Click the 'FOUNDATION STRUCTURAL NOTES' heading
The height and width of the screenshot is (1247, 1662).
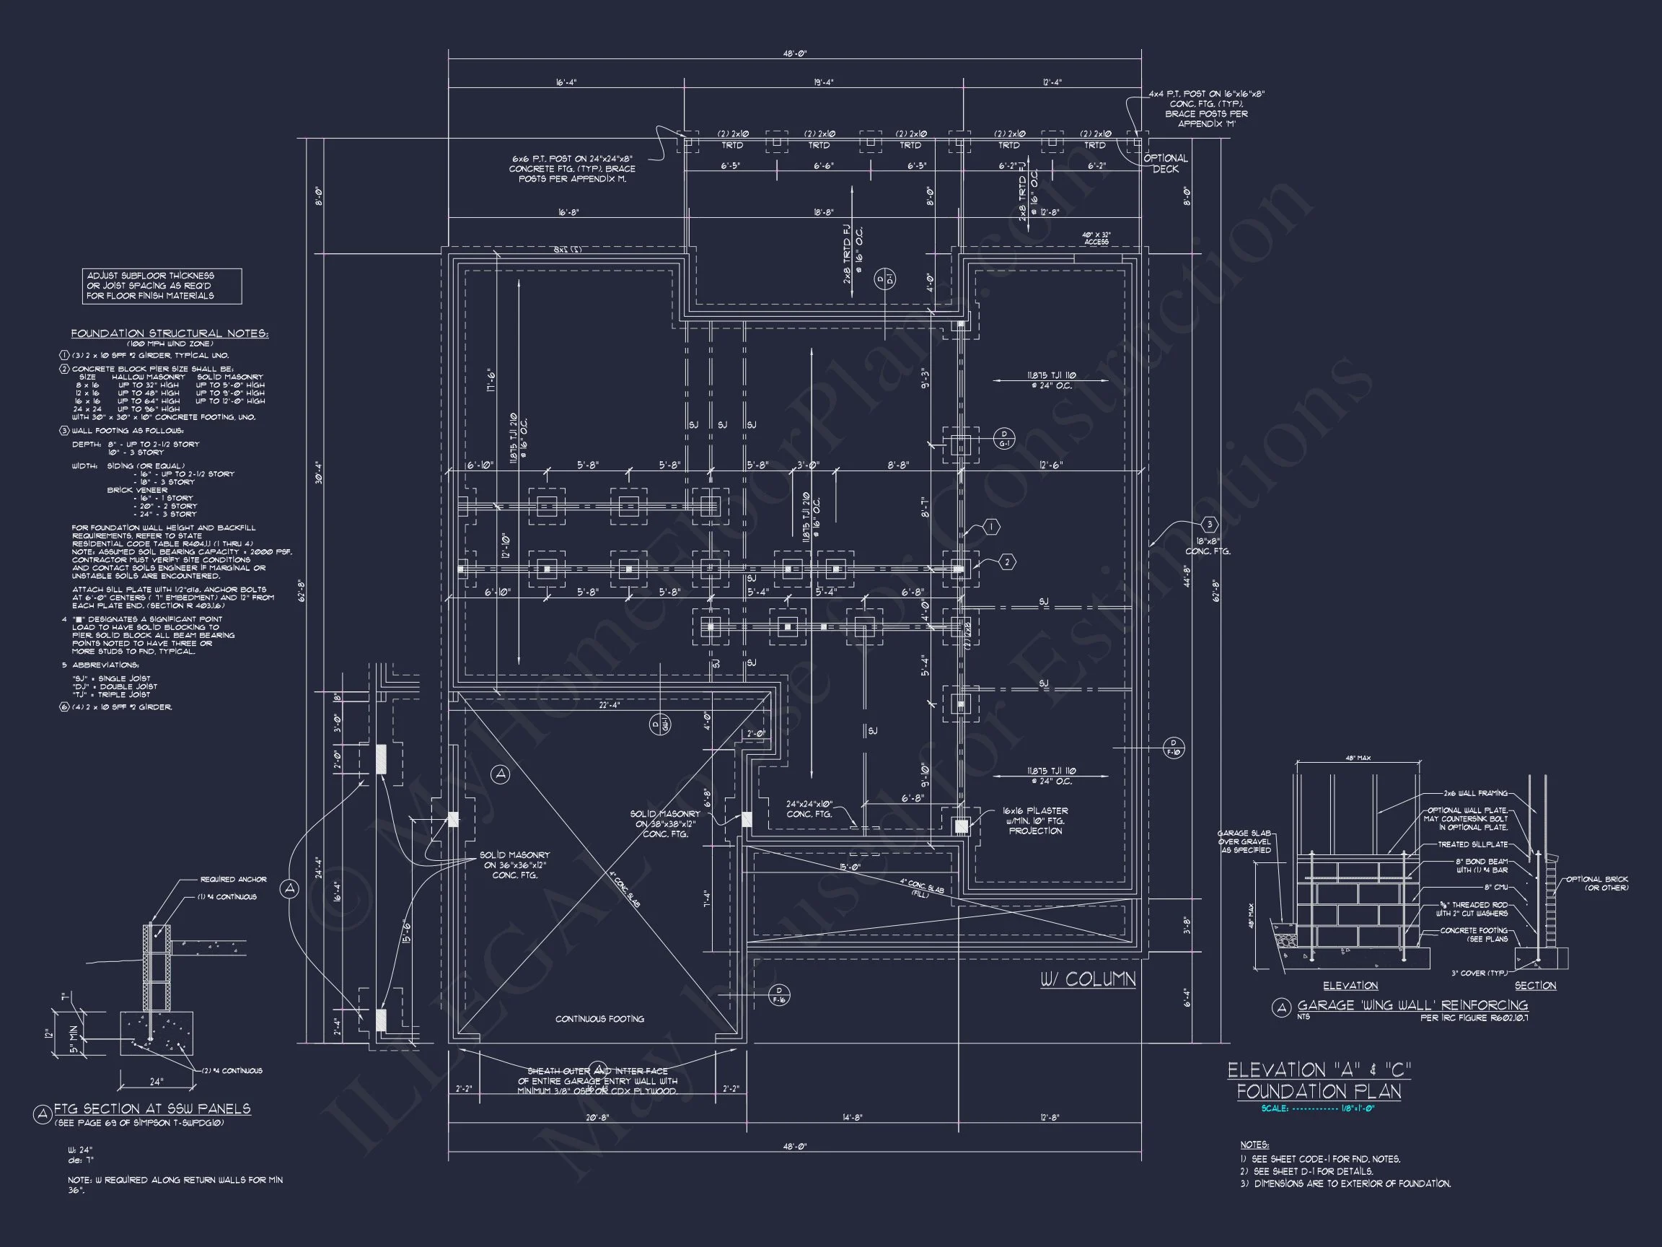click(169, 333)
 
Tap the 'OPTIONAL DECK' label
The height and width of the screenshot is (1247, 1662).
click(1166, 164)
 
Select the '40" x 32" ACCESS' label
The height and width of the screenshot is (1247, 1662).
click(1096, 238)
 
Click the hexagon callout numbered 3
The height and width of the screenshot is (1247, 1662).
click(1209, 525)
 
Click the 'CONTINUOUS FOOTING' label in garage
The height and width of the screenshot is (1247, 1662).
click(599, 1019)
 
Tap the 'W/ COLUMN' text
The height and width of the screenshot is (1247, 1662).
click(1087, 979)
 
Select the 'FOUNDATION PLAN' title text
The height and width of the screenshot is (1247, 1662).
click(1319, 1090)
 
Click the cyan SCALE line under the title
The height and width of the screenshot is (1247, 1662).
click(1318, 1108)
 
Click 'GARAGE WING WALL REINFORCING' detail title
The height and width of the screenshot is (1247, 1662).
click(1412, 1005)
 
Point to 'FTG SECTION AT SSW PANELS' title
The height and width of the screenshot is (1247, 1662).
click(151, 1108)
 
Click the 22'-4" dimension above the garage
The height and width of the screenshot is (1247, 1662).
click(609, 705)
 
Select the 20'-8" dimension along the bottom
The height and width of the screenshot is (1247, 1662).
click(597, 1118)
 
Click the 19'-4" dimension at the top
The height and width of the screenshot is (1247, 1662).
click(823, 83)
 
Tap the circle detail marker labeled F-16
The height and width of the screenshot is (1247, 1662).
click(779, 995)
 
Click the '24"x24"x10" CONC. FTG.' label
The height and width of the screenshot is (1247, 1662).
click(809, 810)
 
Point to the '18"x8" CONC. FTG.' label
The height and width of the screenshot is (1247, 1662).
click(1208, 546)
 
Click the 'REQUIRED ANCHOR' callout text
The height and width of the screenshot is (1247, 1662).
click(233, 880)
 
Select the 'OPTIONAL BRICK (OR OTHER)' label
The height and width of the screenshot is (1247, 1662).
click(1596, 883)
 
